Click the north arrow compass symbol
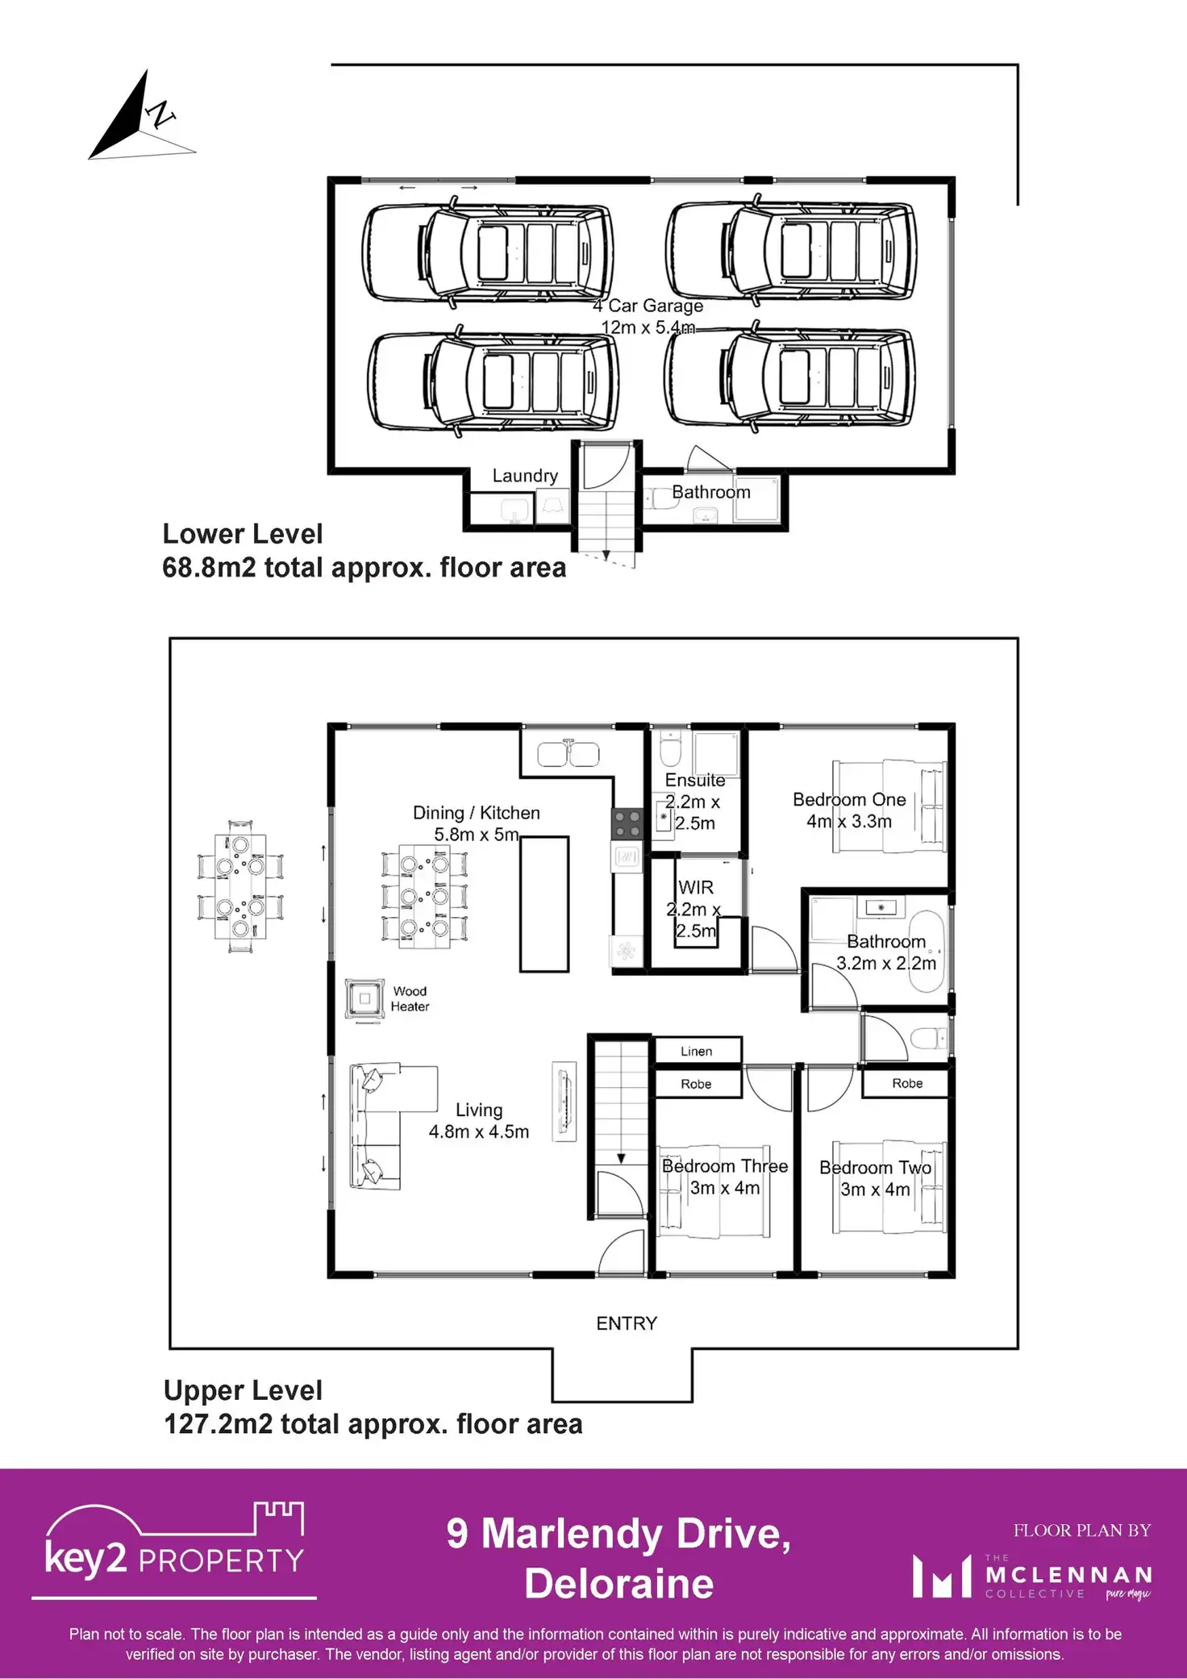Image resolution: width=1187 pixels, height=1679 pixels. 137,117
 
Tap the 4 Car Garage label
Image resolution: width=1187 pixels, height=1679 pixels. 648,306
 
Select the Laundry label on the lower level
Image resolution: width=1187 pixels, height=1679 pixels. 525,476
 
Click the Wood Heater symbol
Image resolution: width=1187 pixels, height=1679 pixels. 364,998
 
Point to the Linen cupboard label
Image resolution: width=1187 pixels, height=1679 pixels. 696,1051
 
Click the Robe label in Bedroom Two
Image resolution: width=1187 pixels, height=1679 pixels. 907,1083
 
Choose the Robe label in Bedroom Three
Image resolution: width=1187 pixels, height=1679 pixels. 696,1084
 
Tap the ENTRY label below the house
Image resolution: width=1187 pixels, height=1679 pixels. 627,1323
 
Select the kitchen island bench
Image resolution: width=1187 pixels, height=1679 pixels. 544,903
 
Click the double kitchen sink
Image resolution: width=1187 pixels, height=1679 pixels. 569,754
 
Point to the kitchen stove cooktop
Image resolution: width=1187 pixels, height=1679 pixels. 627,824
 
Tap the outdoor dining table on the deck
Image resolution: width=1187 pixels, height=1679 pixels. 240,886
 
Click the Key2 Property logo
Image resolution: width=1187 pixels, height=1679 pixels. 174,1549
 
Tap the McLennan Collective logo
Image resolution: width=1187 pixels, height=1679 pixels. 1032,1577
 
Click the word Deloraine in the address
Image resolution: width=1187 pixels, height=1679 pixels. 619,1583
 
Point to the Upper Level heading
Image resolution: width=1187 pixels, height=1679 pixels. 243,1390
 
